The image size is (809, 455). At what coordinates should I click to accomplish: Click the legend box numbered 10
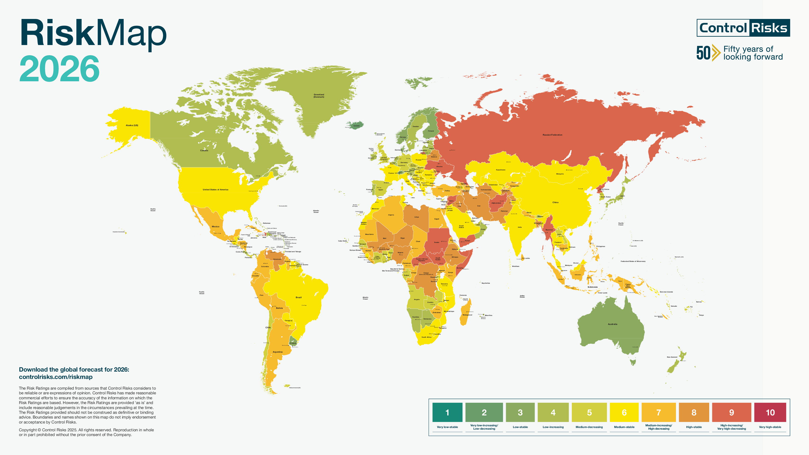[770, 412]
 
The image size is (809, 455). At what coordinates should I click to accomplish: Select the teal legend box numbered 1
[447, 412]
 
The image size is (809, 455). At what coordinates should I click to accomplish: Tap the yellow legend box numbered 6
[624, 412]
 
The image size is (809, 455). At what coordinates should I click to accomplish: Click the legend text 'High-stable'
[694, 427]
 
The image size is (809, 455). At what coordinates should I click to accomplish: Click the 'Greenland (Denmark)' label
[319, 96]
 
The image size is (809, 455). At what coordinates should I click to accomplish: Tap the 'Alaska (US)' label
[132, 125]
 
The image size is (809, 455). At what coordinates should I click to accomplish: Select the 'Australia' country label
[612, 324]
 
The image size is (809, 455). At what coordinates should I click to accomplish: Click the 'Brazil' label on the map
[298, 297]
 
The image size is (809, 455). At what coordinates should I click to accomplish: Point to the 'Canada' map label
[204, 150]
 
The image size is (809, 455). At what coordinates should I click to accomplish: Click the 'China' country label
[555, 203]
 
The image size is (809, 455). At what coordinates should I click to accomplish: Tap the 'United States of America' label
[215, 190]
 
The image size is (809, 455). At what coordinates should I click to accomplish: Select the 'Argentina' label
[278, 352]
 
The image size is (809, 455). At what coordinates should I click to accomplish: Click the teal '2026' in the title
[60, 68]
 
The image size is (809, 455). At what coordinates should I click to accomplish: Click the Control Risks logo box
[743, 28]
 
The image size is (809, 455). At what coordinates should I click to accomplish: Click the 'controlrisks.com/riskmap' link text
[56, 377]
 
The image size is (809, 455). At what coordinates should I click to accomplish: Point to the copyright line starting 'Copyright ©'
[86, 430]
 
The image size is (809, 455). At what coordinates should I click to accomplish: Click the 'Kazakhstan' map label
[501, 170]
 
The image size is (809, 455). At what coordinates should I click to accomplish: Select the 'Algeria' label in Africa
[391, 215]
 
